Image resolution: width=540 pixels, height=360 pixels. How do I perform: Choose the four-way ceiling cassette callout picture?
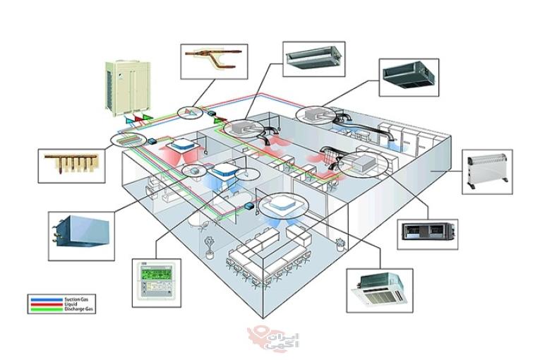(x=380, y=290)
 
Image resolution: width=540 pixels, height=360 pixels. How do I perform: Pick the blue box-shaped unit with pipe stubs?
(x=81, y=230)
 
